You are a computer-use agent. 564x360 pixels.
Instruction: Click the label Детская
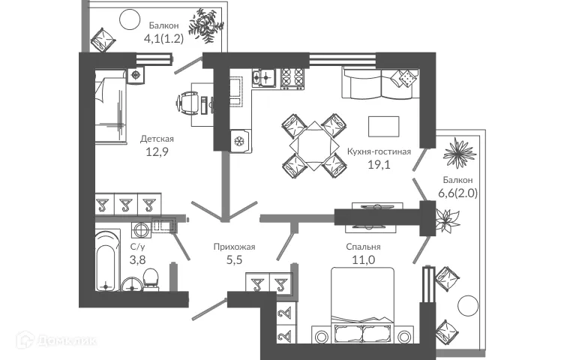tap(157, 139)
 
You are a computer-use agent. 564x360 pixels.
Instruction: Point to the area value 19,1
tap(378, 166)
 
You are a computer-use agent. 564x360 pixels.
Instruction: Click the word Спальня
tap(364, 247)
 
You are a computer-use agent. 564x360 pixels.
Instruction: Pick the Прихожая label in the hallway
tap(230, 246)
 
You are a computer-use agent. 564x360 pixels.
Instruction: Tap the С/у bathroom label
tap(138, 246)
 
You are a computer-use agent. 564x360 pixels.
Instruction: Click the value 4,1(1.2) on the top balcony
tap(163, 39)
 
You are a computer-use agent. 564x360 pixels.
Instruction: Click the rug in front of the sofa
tap(383, 124)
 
